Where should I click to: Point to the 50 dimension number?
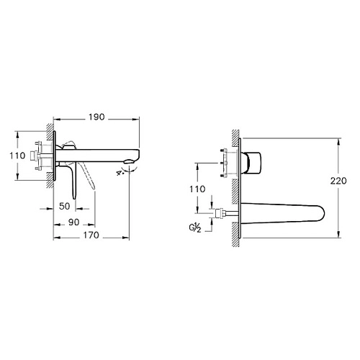coord(65,206)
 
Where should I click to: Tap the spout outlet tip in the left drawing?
coord(133,160)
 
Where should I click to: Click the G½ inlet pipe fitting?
coord(222,212)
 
